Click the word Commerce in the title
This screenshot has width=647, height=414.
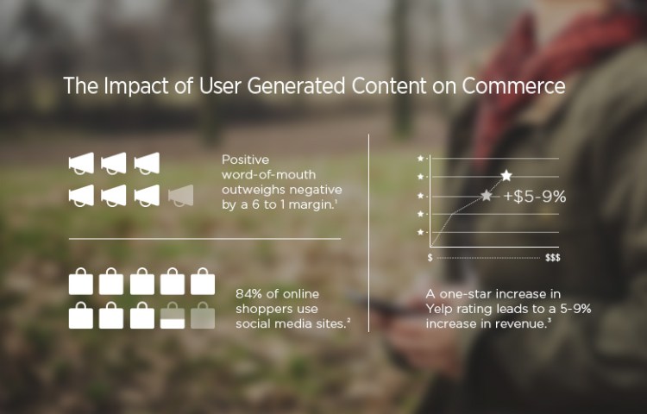click(513, 85)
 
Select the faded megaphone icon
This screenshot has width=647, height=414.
click(181, 196)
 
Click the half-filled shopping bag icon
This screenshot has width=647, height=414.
click(172, 316)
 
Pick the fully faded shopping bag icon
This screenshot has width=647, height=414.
click(203, 316)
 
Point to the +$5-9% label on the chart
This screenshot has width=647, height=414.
click(535, 197)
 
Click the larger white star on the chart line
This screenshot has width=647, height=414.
click(506, 176)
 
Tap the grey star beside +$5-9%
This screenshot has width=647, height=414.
click(487, 196)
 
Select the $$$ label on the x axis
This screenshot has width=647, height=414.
click(552, 258)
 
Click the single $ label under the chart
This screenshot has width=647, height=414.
click(430, 258)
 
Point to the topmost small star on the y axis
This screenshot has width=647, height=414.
click(420, 158)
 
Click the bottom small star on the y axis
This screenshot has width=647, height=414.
click(420, 232)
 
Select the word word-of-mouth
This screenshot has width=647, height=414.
click(268, 175)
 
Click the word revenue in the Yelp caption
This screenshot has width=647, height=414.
click(521, 324)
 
